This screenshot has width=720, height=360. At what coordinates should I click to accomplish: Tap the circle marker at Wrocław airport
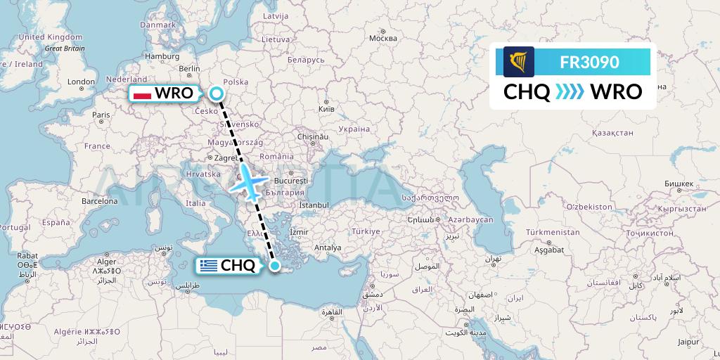(x=217, y=94)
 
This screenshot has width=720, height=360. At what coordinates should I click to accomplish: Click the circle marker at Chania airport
(x=275, y=266)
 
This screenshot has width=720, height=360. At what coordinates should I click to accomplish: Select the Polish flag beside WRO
(x=143, y=94)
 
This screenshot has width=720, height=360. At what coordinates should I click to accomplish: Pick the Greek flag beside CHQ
(x=208, y=266)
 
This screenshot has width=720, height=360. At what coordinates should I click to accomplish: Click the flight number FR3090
(x=589, y=62)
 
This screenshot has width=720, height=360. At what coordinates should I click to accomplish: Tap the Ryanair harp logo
(x=519, y=62)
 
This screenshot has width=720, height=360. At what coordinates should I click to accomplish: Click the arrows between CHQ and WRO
(x=570, y=92)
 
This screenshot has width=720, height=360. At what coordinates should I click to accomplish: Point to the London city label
(x=81, y=82)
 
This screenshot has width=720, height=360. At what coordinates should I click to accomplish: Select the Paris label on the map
(x=101, y=115)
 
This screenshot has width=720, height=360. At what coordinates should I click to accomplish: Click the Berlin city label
(x=190, y=69)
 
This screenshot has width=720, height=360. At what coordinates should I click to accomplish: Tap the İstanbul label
(x=314, y=205)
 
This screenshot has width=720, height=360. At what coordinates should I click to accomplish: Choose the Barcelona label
(x=98, y=200)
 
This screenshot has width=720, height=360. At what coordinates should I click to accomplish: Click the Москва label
(x=383, y=38)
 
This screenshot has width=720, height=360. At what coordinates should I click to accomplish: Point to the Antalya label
(x=328, y=247)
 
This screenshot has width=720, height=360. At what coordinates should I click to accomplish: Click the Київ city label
(x=326, y=110)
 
